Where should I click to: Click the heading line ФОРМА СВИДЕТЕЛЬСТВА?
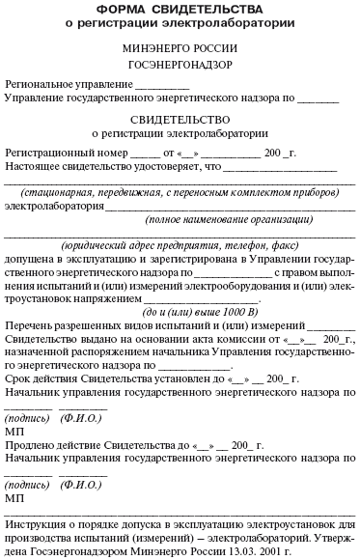(180, 9)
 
